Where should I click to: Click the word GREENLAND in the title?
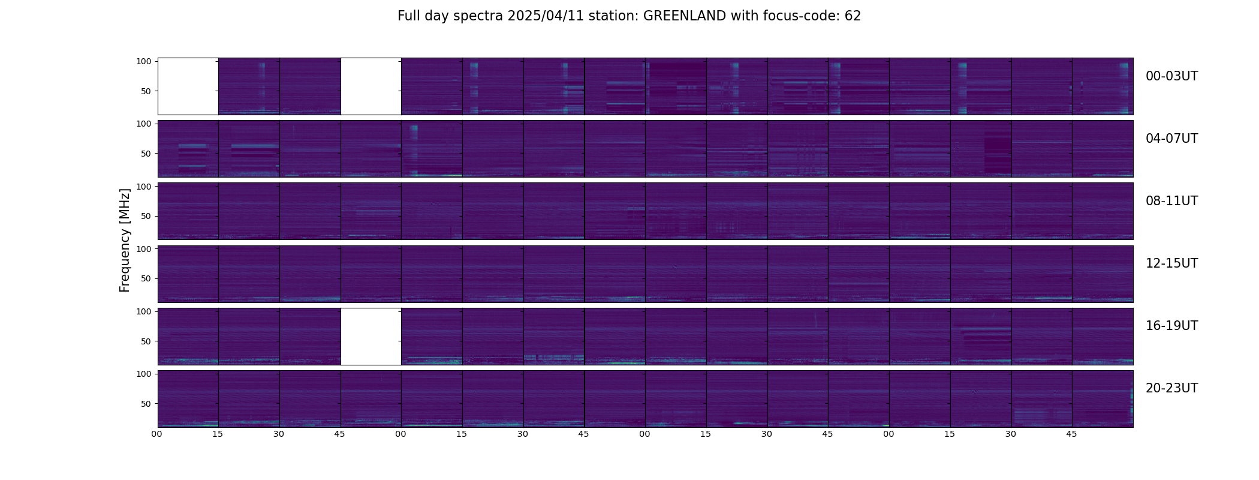[684, 16]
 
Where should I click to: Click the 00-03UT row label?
[1171, 76]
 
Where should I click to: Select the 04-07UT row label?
[1171, 139]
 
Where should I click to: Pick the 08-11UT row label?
[1171, 201]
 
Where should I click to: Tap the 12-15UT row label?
[1171, 263]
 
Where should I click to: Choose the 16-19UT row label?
[1171, 326]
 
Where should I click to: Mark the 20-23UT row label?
[1171, 388]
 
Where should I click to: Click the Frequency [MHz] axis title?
[125, 240]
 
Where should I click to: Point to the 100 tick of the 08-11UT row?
[144, 187]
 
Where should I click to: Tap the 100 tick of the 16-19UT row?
[144, 311]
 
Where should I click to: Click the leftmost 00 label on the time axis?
[157, 434]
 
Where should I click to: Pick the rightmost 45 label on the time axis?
[1071, 434]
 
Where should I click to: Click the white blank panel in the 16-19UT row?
[371, 337]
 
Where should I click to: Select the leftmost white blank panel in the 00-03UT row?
[188, 86]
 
